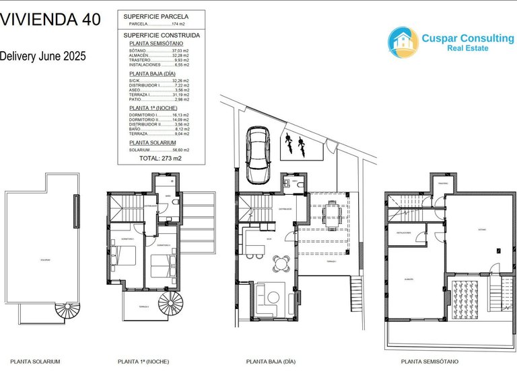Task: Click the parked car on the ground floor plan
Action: click(x=257, y=155)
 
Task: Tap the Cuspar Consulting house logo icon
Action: click(x=403, y=42)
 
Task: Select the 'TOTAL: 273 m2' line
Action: click(x=160, y=159)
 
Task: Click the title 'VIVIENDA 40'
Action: click(x=50, y=19)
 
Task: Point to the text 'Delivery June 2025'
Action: click(x=43, y=56)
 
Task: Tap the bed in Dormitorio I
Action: click(x=123, y=255)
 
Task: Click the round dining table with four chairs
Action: click(x=283, y=263)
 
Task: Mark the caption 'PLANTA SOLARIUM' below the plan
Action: click(x=35, y=361)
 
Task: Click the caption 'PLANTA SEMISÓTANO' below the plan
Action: click(x=429, y=361)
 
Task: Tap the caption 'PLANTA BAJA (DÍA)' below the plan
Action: click(x=271, y=361)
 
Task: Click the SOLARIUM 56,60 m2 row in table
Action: click(x=160, y=150)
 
